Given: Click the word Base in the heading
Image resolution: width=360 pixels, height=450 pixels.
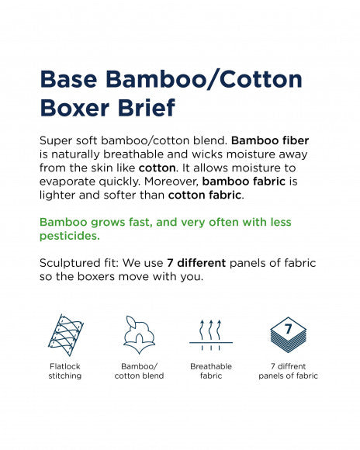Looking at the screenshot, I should point(69,80).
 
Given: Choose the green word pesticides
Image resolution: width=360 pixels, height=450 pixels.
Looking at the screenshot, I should point(69,235).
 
